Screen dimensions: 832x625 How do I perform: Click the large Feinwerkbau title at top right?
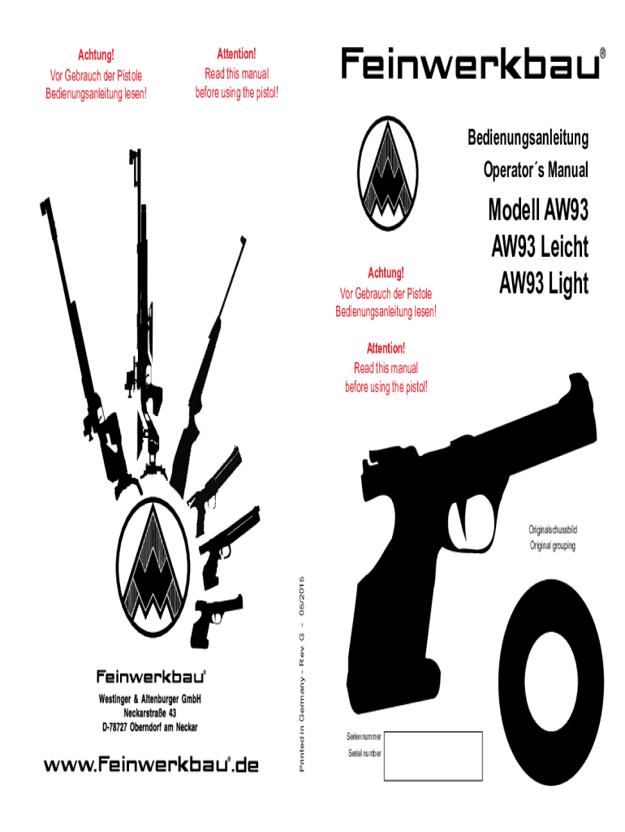tap(472, 63)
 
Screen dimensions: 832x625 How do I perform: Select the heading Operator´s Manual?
tap(536, 171)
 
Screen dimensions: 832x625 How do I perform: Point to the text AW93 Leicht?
tap(540, 247)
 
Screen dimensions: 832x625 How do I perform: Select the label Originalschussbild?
tap(553, 530)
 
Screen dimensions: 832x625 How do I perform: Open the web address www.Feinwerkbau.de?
tap(151, 765)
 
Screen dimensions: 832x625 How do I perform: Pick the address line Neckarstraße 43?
tap(151, 713)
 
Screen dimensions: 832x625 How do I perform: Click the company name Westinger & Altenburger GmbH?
tap(151, 700)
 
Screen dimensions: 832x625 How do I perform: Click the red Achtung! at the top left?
tap(96, 55)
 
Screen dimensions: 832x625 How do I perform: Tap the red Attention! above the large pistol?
tap(386, 349)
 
